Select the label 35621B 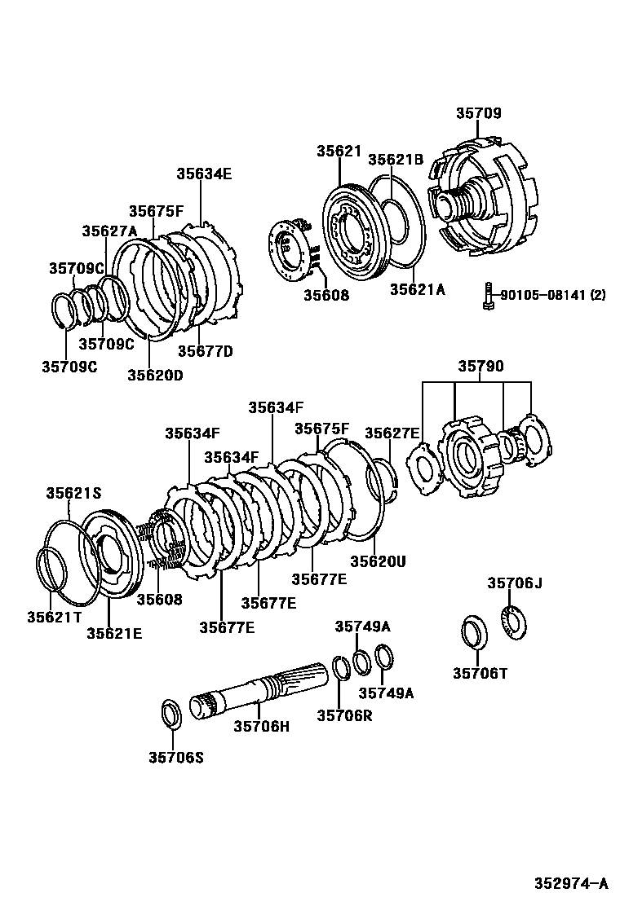coord(396,160)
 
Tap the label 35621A coord(417,288)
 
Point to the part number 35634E coord(204,173)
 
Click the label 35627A coord(109,231)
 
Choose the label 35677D coord(206,351)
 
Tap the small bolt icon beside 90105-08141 coord(486,295)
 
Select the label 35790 coord(480,366)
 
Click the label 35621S coord(73,493)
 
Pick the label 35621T coord(55,616)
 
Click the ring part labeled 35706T coord(474,632)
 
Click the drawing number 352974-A coord(571,883)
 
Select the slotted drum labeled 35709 coord(485,200)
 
